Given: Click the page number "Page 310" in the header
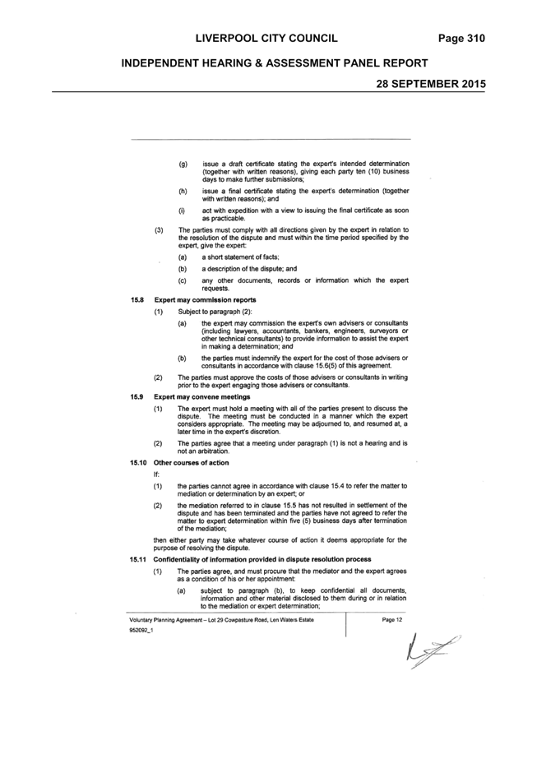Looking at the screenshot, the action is (x=461, y=39).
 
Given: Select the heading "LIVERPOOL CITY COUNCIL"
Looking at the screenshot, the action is (x=266, y=39).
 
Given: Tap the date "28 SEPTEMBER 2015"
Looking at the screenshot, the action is (x=431, y=84).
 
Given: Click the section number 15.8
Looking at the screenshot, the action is (x=137, y=300).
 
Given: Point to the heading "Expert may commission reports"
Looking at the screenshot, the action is (x=206, y=300).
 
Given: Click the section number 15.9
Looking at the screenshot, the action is (x=137, y=397).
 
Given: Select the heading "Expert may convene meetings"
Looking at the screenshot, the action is (x=202, y=397).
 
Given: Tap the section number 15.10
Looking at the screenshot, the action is (x=138, y=463).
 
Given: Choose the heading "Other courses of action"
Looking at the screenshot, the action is (x=192, y=463).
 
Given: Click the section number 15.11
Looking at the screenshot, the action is (x=138, y=559).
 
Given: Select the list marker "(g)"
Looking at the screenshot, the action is (x=183, y=164).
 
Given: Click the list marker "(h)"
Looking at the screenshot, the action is (x=183, y=192).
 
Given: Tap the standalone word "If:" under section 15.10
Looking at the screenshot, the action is (x=156, y=474).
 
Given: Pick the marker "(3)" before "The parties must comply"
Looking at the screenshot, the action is (x=159, y=230).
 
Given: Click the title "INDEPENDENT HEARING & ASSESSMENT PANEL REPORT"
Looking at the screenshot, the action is (x=275, y=63).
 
